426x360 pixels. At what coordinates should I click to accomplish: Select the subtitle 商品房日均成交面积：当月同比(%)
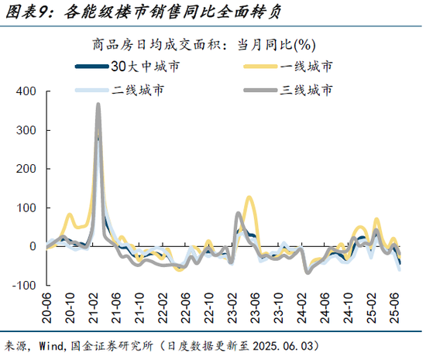click(213, 45)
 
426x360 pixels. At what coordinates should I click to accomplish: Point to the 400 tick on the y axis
click(26, 91)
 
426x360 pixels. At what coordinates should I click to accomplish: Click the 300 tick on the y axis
click(26, 130)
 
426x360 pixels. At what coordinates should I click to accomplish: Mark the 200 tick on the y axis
click(26, 169)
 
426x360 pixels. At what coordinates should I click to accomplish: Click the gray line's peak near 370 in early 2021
click(98, 104)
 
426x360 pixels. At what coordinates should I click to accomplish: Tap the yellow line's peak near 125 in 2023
click(249, 197)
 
